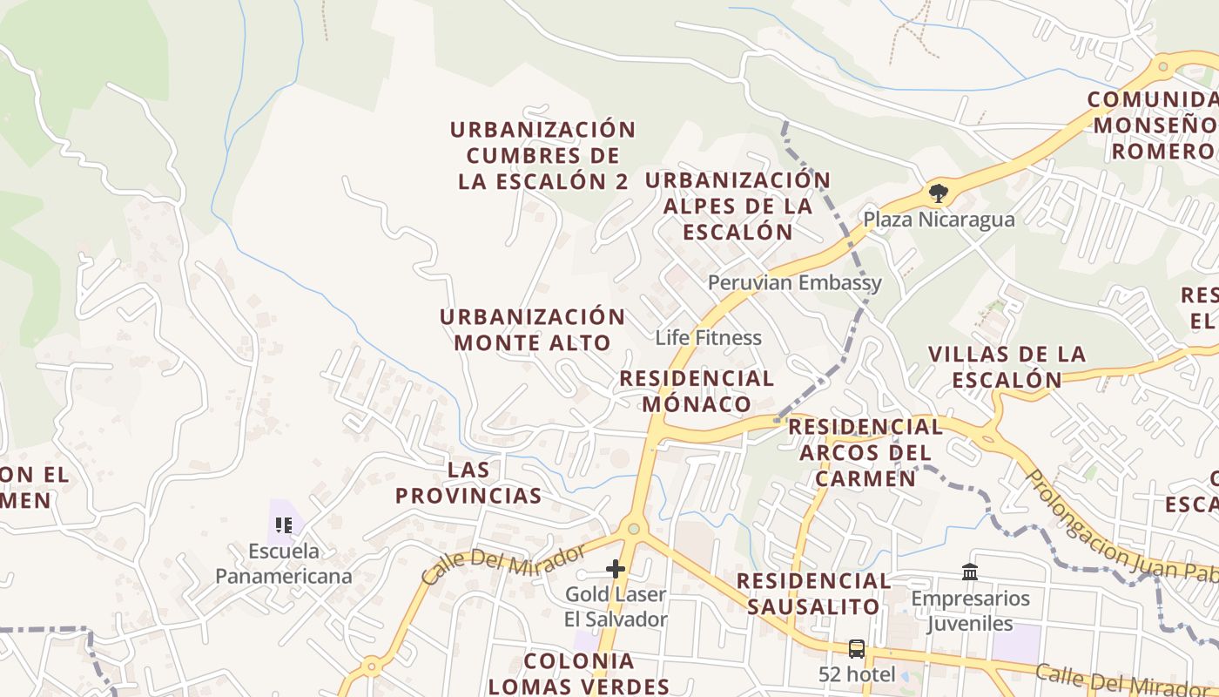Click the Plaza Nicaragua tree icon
[938, 193]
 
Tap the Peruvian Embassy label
[794, 282]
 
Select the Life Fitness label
[708, 337]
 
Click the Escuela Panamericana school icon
[284, 524]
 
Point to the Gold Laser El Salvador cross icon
[616, 570]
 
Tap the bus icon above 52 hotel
[857, 649]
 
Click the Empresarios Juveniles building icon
[970, 572]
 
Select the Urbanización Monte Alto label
[532, 329]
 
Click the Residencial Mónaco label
[697, 391]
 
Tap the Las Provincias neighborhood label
[468, 483]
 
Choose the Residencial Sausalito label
[813, 593]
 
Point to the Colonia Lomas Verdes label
[579, 673]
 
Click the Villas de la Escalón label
[1007, 367]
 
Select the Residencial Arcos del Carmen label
[865, 452]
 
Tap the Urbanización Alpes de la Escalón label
[737, 206]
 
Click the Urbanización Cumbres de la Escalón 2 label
[542, 155]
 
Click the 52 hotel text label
[857, 674]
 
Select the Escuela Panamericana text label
[284, 563]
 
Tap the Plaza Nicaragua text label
[939, 219]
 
